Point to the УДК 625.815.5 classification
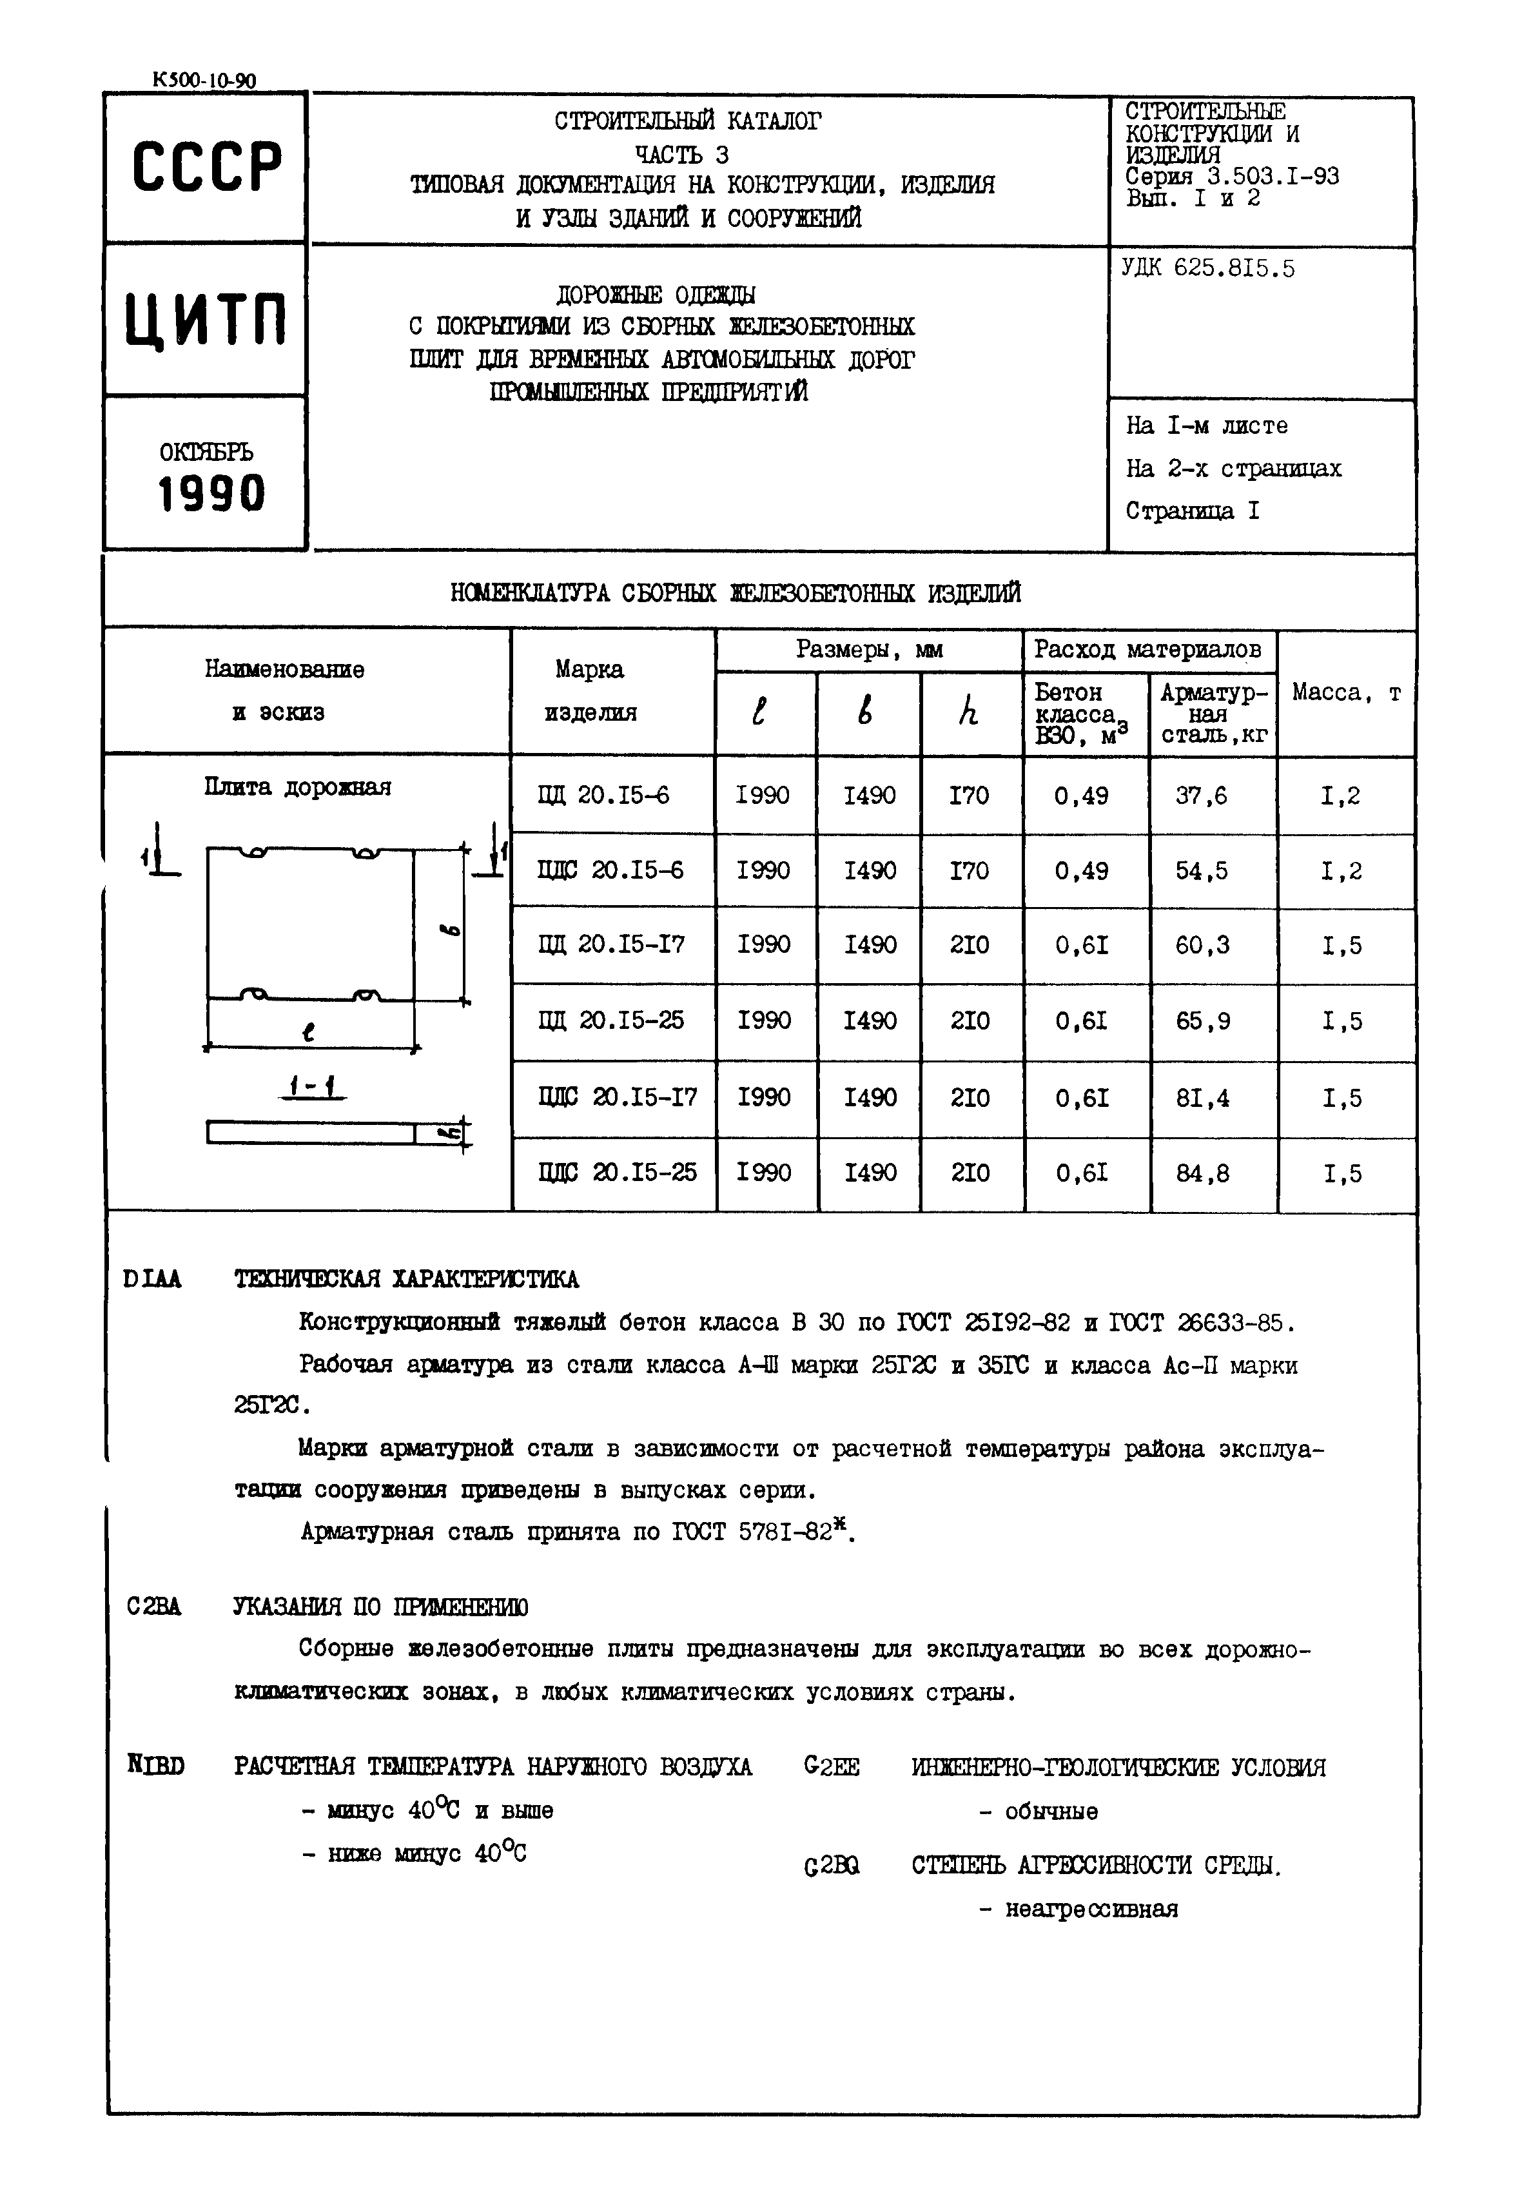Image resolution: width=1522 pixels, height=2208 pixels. pos(1207,269)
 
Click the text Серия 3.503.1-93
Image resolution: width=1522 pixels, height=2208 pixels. pos(1231,177)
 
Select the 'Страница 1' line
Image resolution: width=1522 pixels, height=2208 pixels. pos(1192,511)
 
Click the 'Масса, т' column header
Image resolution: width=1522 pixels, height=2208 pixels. pos(1345,694)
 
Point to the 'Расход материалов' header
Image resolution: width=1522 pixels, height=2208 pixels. pos(1147,650)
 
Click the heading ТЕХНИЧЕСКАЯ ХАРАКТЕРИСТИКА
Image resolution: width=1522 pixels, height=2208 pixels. pos(406,1279)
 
